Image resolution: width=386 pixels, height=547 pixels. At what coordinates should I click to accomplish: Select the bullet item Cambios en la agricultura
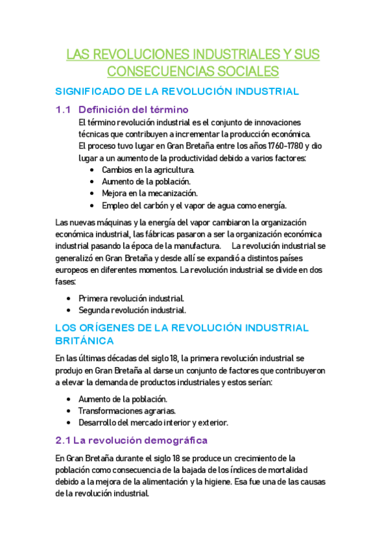pos(148,170)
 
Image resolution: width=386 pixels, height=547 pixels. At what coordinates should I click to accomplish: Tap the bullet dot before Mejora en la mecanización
pos(93,194)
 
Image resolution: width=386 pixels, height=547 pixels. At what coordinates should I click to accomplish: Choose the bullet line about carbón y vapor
pos(193,206)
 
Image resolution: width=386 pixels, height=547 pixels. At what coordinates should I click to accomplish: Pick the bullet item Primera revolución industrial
pos(131,298)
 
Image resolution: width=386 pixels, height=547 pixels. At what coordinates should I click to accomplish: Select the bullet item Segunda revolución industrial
pos(132,310)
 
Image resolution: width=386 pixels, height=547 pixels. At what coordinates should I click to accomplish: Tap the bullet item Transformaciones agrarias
pos(126,411)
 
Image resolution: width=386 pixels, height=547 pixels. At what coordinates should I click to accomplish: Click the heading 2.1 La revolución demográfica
pos(131,441)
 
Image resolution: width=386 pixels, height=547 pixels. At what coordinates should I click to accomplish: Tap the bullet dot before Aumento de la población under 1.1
pos(93,182)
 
